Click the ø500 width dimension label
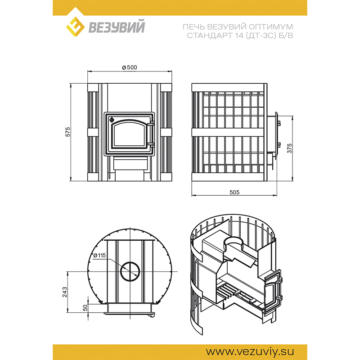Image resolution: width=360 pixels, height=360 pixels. (x=130, y=67)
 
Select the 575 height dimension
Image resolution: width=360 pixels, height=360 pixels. (x=68, y=132)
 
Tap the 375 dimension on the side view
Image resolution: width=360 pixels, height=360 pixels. (x=290, y=148)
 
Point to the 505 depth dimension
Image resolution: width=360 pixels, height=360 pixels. (x=234, y=192)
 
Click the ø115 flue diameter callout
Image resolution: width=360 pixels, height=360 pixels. (x=99, y=255)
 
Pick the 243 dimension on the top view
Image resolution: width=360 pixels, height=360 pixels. (x=65, y=292)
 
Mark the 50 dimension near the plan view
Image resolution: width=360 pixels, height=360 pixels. (x=85, y=308)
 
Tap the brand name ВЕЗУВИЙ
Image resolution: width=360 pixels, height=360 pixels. (x=117, y=27)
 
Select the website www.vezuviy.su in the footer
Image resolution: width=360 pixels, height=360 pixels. (x=250, y=351)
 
